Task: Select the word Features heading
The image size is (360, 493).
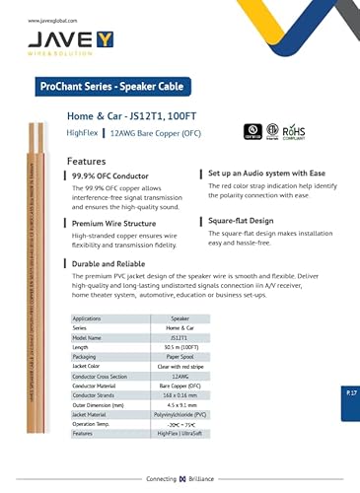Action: coord(86,161)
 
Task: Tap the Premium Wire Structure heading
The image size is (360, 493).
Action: coord(113,225)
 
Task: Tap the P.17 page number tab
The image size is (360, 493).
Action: coord(351,392)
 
